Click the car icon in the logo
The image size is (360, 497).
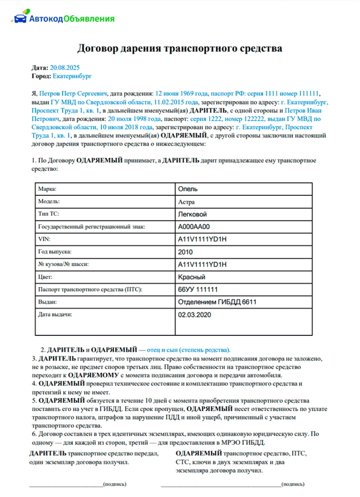pyautogui.click(x=19, y=18)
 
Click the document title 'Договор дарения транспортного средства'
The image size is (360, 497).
pyautogui.click(x=180, y=48)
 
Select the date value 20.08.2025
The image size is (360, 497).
pyautogui.click(x=65, y=68)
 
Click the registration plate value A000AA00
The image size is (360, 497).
pyautogui.click(x=194, y=227)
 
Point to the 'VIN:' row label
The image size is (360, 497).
pyautogui.click(x=44, y=239)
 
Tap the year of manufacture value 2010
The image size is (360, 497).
pyautogui.click(x=185, y=252)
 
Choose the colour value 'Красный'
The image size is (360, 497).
pyautogui.click(x=192, y=277)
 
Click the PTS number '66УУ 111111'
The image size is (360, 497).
pyautogui.click(x=198, y=290)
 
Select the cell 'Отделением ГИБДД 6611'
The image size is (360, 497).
pyautogui.click(x=217, y=302)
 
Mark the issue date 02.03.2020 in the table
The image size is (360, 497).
pyautogui.click(x=194, y=315)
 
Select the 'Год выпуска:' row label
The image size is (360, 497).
pyautogui.click(x=55, y=252)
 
